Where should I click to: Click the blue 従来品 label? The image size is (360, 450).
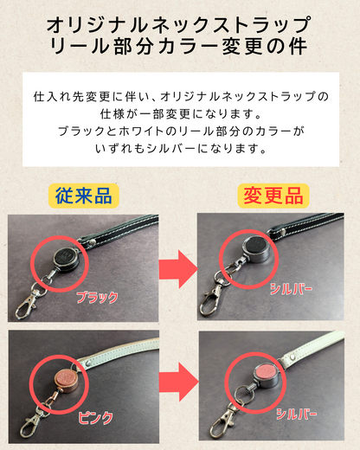point(84,196)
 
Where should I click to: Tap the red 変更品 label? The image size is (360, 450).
point(273,196)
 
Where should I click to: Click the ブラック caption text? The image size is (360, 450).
point(97,298)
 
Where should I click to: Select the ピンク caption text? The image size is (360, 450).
point(95,417)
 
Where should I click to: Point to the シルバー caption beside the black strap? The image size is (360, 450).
point(291,289)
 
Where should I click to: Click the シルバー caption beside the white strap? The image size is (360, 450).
point(297,415)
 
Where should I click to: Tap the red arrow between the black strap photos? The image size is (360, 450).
point(178,269)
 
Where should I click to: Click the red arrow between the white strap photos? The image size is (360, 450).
point(178,382)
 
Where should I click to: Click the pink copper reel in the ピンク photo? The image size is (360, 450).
point(67,380)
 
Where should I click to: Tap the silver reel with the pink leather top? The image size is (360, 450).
point(266,376)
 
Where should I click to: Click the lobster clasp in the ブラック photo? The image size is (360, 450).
point(27,303)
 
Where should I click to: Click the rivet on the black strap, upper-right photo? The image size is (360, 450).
point(282,231)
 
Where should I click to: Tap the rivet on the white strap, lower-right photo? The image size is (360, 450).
point(293,357)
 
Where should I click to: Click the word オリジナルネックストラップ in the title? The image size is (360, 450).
point(179,25)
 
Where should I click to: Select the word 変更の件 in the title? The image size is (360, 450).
point(264,46)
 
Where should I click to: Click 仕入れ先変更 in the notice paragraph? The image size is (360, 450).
point(72,97)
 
